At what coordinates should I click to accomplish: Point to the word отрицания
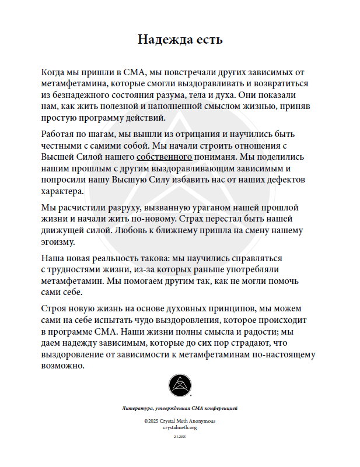pyautogui.click(x=177, y=134)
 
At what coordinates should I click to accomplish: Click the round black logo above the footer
pyautogui.click(x=180, y=385)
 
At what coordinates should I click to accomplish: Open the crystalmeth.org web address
pyautogui.click(x=180, y=427)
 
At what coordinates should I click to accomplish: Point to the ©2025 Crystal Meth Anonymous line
pyautogui.click(x=180, y=421)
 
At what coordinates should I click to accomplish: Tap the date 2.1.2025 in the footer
pyautogui.click(x=180, y=437)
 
